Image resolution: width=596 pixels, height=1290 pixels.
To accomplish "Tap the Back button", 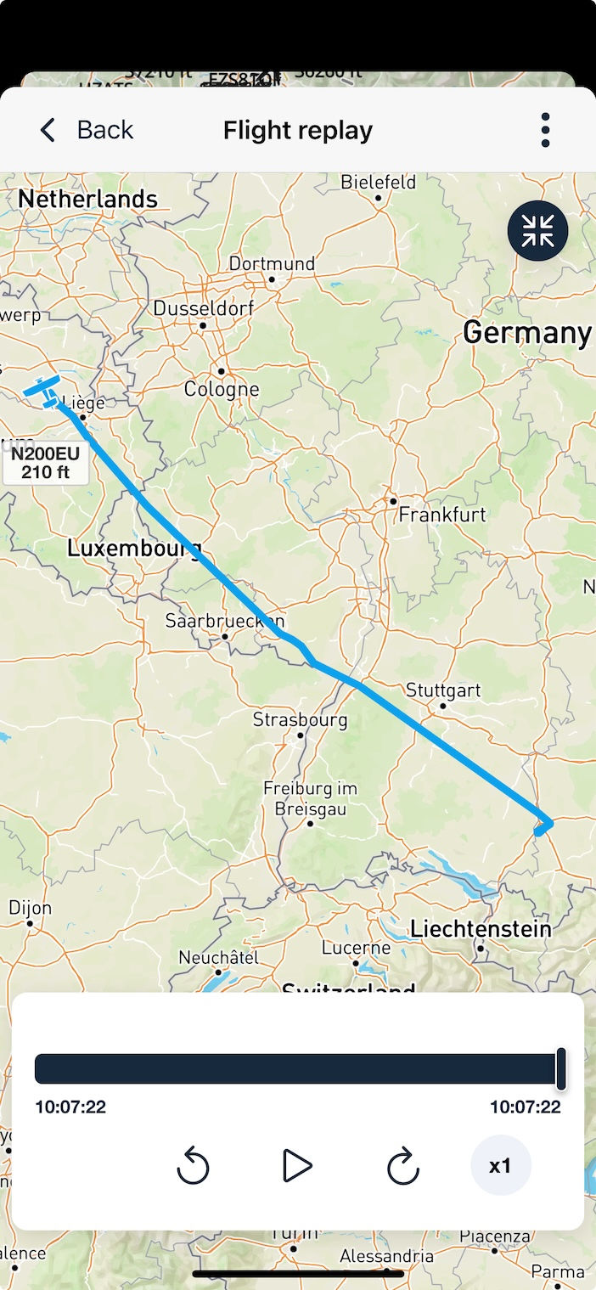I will (87, 130).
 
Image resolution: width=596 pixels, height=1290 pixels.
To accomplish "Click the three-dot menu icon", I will (545, 130).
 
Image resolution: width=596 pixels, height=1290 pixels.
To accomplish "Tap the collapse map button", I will (537, 230).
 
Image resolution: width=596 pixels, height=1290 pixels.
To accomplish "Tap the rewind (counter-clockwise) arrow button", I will (193, 1166).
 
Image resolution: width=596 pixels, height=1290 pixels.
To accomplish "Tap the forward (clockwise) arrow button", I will (402, 1166).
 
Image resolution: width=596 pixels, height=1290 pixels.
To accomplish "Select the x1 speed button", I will (501, 1166).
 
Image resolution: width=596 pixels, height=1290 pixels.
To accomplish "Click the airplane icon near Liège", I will (43, 392).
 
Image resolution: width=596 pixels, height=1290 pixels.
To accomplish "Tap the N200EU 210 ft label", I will (46, 463).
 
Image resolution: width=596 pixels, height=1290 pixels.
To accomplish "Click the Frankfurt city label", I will (442, 515).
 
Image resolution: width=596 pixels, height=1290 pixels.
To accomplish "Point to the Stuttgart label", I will (443, 690).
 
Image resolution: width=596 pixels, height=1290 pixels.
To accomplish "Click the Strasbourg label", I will (300, 720).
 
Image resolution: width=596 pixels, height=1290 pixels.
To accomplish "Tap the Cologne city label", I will (222, 390).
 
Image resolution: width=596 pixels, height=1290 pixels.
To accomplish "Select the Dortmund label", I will (272, 264).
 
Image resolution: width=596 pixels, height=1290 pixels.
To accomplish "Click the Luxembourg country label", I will (134, 549).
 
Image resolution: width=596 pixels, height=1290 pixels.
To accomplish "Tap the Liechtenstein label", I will (481, 928).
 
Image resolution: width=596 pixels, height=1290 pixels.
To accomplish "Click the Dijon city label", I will (31, 908).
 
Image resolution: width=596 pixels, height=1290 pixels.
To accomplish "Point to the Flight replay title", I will (298, 131).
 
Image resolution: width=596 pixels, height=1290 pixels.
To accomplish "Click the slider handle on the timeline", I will (560, 1068).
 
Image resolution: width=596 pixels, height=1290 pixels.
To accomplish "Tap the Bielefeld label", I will (378, 183).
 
